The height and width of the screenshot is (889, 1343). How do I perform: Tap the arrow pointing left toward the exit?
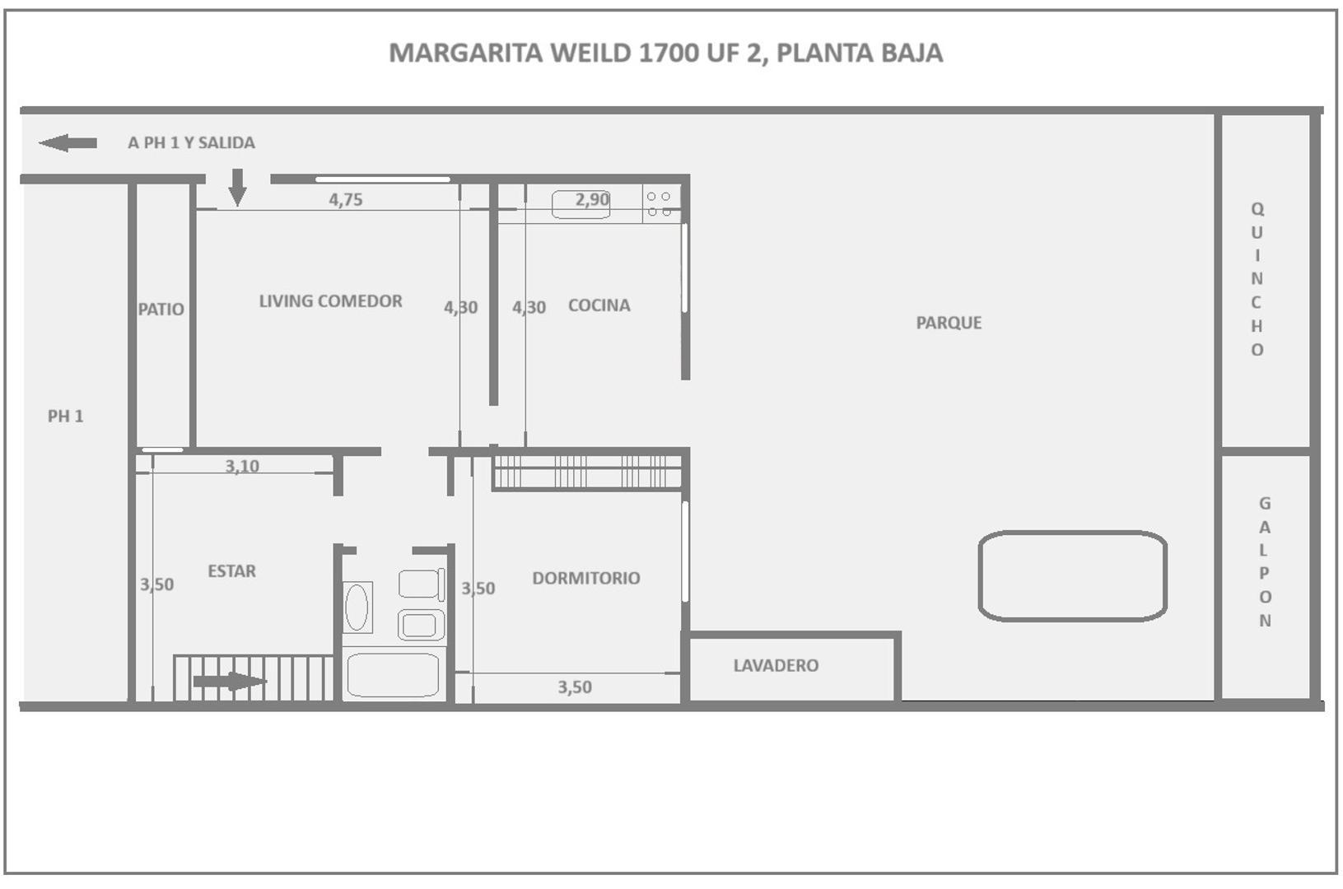pos(68,143)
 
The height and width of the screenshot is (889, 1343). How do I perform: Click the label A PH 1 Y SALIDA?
pos(191,142)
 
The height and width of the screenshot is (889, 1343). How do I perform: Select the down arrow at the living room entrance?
pos(237,187)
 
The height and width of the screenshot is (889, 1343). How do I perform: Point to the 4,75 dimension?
pos(346,199)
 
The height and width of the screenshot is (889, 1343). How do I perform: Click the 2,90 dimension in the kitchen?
pos(592,199)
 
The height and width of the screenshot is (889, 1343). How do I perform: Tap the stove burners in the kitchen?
pos(659,204)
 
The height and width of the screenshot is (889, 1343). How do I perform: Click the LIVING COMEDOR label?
pos(330,301)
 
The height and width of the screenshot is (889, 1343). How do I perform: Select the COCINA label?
pos(599,305)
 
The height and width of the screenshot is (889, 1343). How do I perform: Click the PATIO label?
pos(161,310)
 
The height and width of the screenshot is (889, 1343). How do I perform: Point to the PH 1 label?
pos(65,417)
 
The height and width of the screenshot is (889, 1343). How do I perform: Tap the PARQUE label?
pos(949,323)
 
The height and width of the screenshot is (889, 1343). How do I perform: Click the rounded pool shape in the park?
pos(1072,575)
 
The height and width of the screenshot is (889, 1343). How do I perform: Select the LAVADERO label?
pos(776,665)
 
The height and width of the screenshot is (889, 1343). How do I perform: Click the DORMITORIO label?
pos(585,578)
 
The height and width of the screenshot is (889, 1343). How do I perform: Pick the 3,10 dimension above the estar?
pos(242,466)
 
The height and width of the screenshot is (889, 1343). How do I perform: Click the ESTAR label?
pos(231,571)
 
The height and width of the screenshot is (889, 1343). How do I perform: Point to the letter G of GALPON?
pos(1265,503)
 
